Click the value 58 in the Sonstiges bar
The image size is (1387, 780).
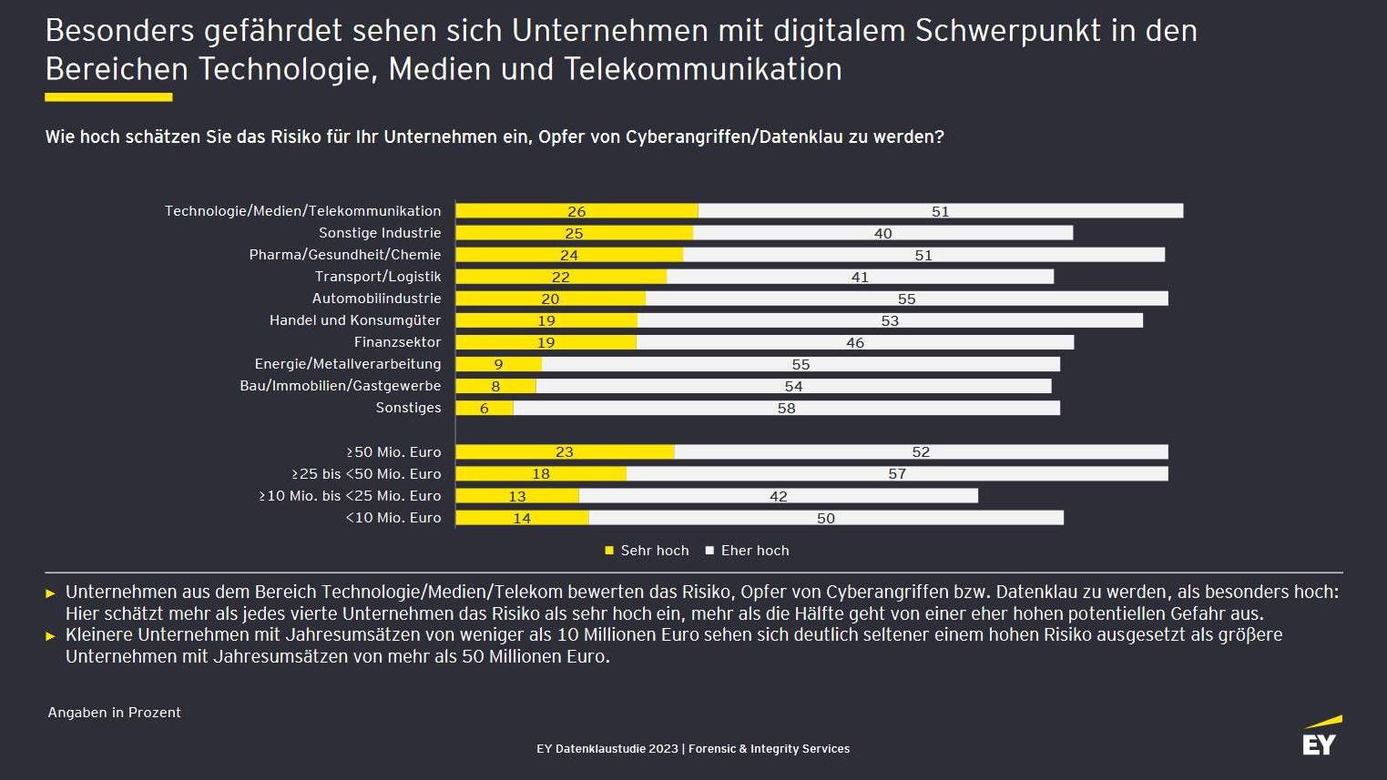(787, 409)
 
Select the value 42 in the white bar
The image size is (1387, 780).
(779, 496)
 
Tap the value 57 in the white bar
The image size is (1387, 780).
(897, 474)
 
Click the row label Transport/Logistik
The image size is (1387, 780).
(378, 277)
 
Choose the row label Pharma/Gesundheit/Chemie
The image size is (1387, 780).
(345, 255)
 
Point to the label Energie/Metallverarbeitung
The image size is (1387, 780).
(348, 364)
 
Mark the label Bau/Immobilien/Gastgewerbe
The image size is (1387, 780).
(341, 386)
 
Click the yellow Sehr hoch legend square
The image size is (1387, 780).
(610, 551)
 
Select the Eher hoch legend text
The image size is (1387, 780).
(755, 551)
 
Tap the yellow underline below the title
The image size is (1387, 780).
(108, 96)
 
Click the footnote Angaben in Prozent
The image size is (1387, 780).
(115, 713)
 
